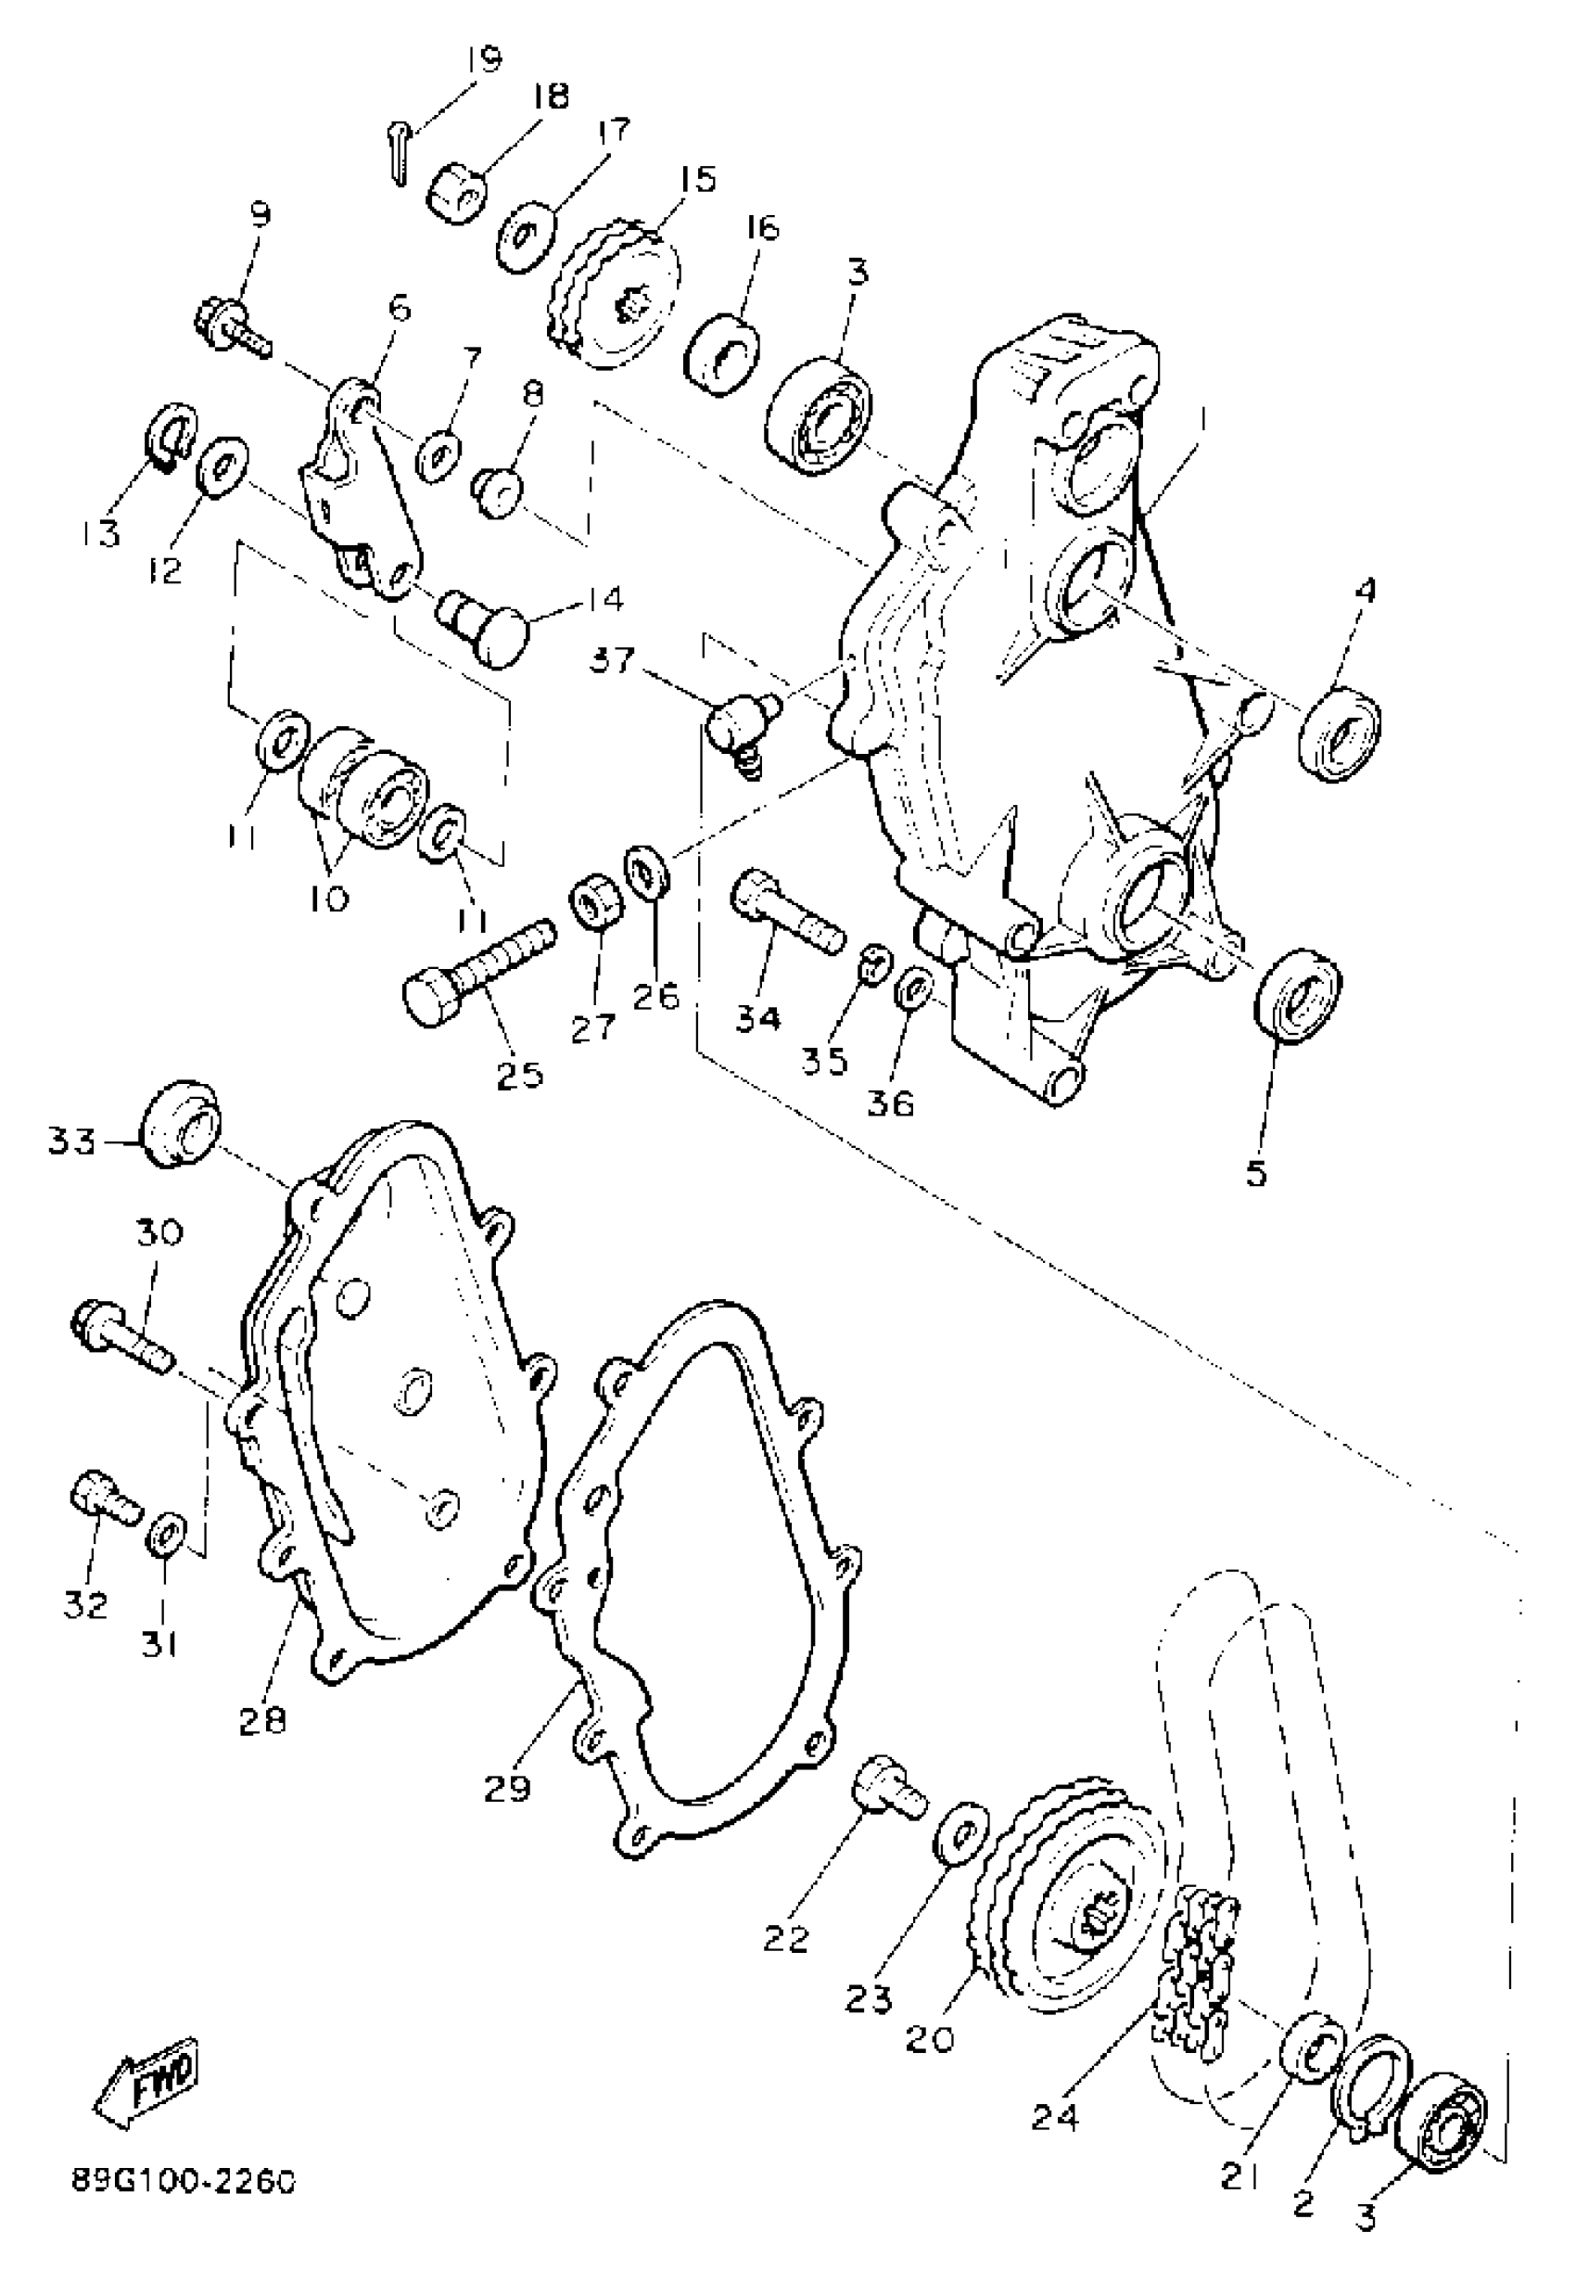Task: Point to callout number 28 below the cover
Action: click(261, 1720)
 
